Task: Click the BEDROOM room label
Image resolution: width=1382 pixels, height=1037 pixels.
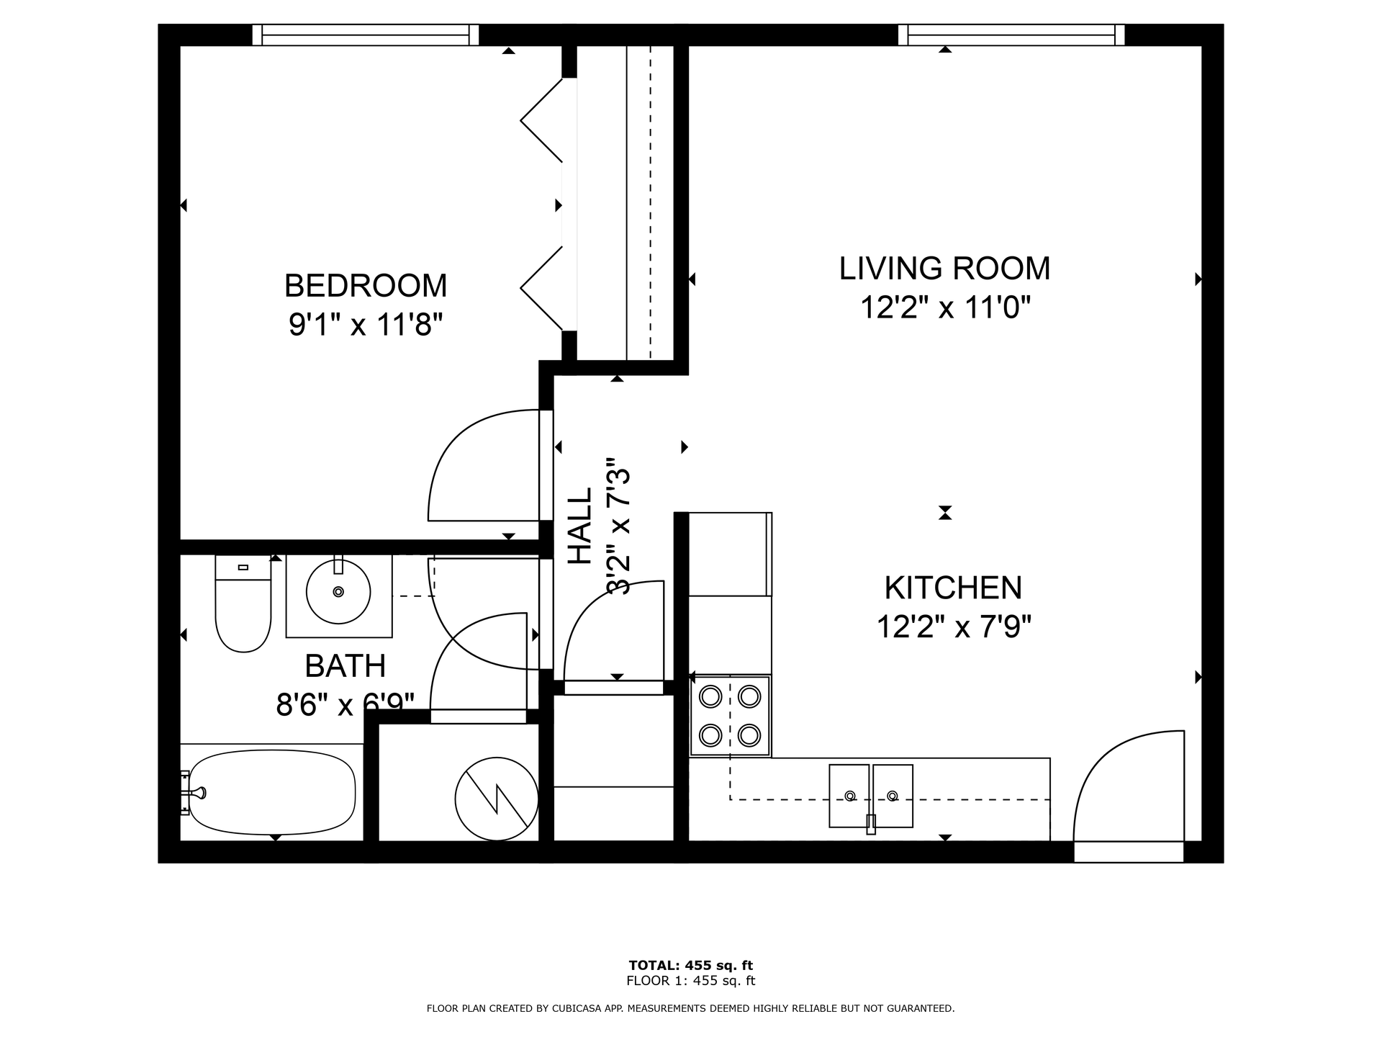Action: (366, 286)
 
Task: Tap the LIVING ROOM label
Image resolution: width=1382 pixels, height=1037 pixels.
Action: (944, 269)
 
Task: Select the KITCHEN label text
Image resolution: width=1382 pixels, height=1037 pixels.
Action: (953, 588)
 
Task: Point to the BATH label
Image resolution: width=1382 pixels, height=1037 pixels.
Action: (345, 666)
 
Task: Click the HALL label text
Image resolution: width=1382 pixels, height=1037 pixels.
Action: (580, 526)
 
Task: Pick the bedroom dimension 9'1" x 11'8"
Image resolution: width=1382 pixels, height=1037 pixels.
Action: (365, 325)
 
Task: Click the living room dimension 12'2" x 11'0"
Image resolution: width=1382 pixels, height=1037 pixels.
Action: (946, 308)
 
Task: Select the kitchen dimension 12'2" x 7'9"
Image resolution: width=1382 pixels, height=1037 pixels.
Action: (954, 627)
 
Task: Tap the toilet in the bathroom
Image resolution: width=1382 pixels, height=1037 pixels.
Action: (243, 603)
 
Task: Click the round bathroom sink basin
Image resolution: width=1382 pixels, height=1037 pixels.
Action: (338, 592)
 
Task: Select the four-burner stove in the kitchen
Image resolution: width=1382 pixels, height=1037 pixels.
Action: (730, 716)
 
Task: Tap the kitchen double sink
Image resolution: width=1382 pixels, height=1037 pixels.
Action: (871, 796)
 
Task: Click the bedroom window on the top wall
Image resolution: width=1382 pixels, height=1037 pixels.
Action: (366, 35)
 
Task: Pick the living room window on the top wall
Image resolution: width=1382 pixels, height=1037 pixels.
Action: (1011, 35)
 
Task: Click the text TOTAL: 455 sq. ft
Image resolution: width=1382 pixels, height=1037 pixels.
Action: (691, 966)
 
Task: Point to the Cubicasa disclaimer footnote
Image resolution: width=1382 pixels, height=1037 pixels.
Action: (691, 1009)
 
